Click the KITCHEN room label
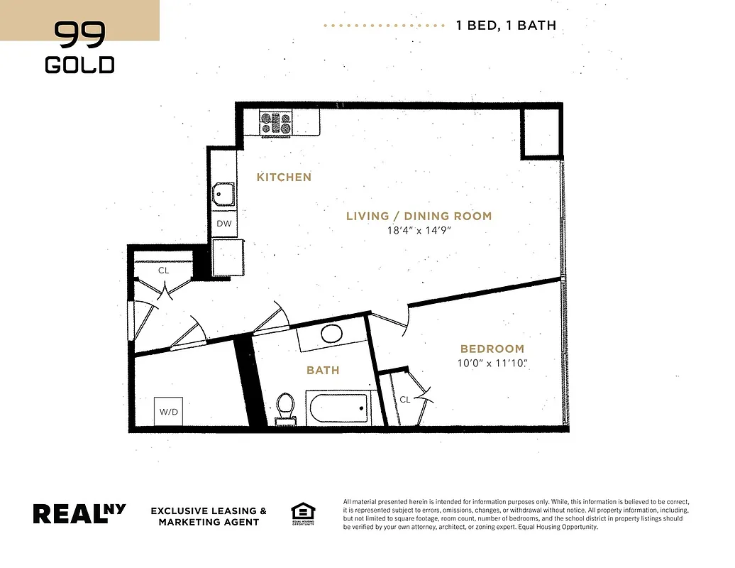pos(284,177)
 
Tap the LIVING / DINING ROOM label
pos(419,216)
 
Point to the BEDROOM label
pos(492,349)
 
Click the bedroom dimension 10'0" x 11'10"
pos(493,364)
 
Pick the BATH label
pos(323,370)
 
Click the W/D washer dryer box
pos(168,411)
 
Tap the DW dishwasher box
pos(224,223)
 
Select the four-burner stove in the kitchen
pos(276,123)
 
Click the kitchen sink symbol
pos(224,192)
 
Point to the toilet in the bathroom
pos(285,407)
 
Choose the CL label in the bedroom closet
pos(404,399)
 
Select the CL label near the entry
pos(163,271)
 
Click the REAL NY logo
pos(79,513)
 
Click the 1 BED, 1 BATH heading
pos(505,26)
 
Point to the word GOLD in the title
pos(79,65)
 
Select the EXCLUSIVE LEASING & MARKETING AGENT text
pos(209,516)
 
